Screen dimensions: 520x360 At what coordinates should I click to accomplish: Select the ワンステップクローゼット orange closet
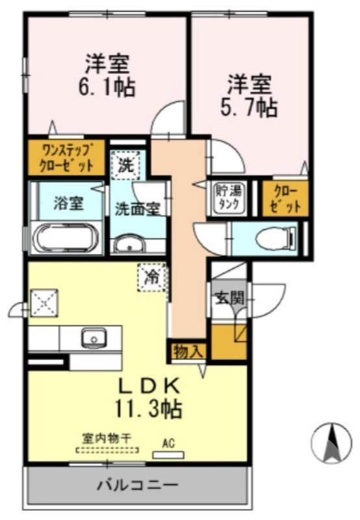(66, 156)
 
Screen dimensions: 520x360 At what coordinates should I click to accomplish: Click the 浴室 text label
(68, 203)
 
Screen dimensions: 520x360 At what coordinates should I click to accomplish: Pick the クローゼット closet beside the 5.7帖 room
(285, 198)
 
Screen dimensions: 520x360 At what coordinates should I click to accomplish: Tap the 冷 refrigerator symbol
(151, 278)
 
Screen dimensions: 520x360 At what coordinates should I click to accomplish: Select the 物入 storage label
(188, 352)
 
